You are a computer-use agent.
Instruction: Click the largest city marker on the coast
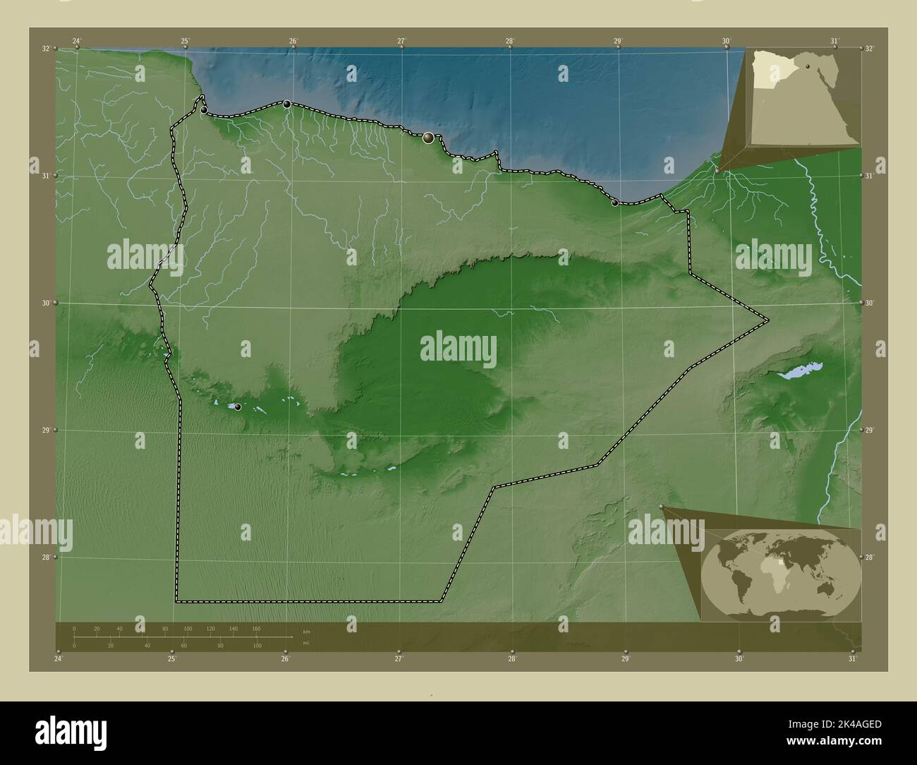tap(428, 138)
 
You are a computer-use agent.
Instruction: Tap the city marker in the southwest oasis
tap(238, 407)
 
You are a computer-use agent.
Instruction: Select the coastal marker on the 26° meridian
tap(287, 104)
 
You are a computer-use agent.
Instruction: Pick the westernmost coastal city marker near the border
tap(204, 110)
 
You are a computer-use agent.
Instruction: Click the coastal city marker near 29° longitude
tap(615, 203)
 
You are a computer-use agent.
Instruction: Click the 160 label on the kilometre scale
tap(255, 628)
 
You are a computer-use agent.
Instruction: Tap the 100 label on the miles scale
tap(258, 645)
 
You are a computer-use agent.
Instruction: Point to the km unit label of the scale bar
tap(306, 632)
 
